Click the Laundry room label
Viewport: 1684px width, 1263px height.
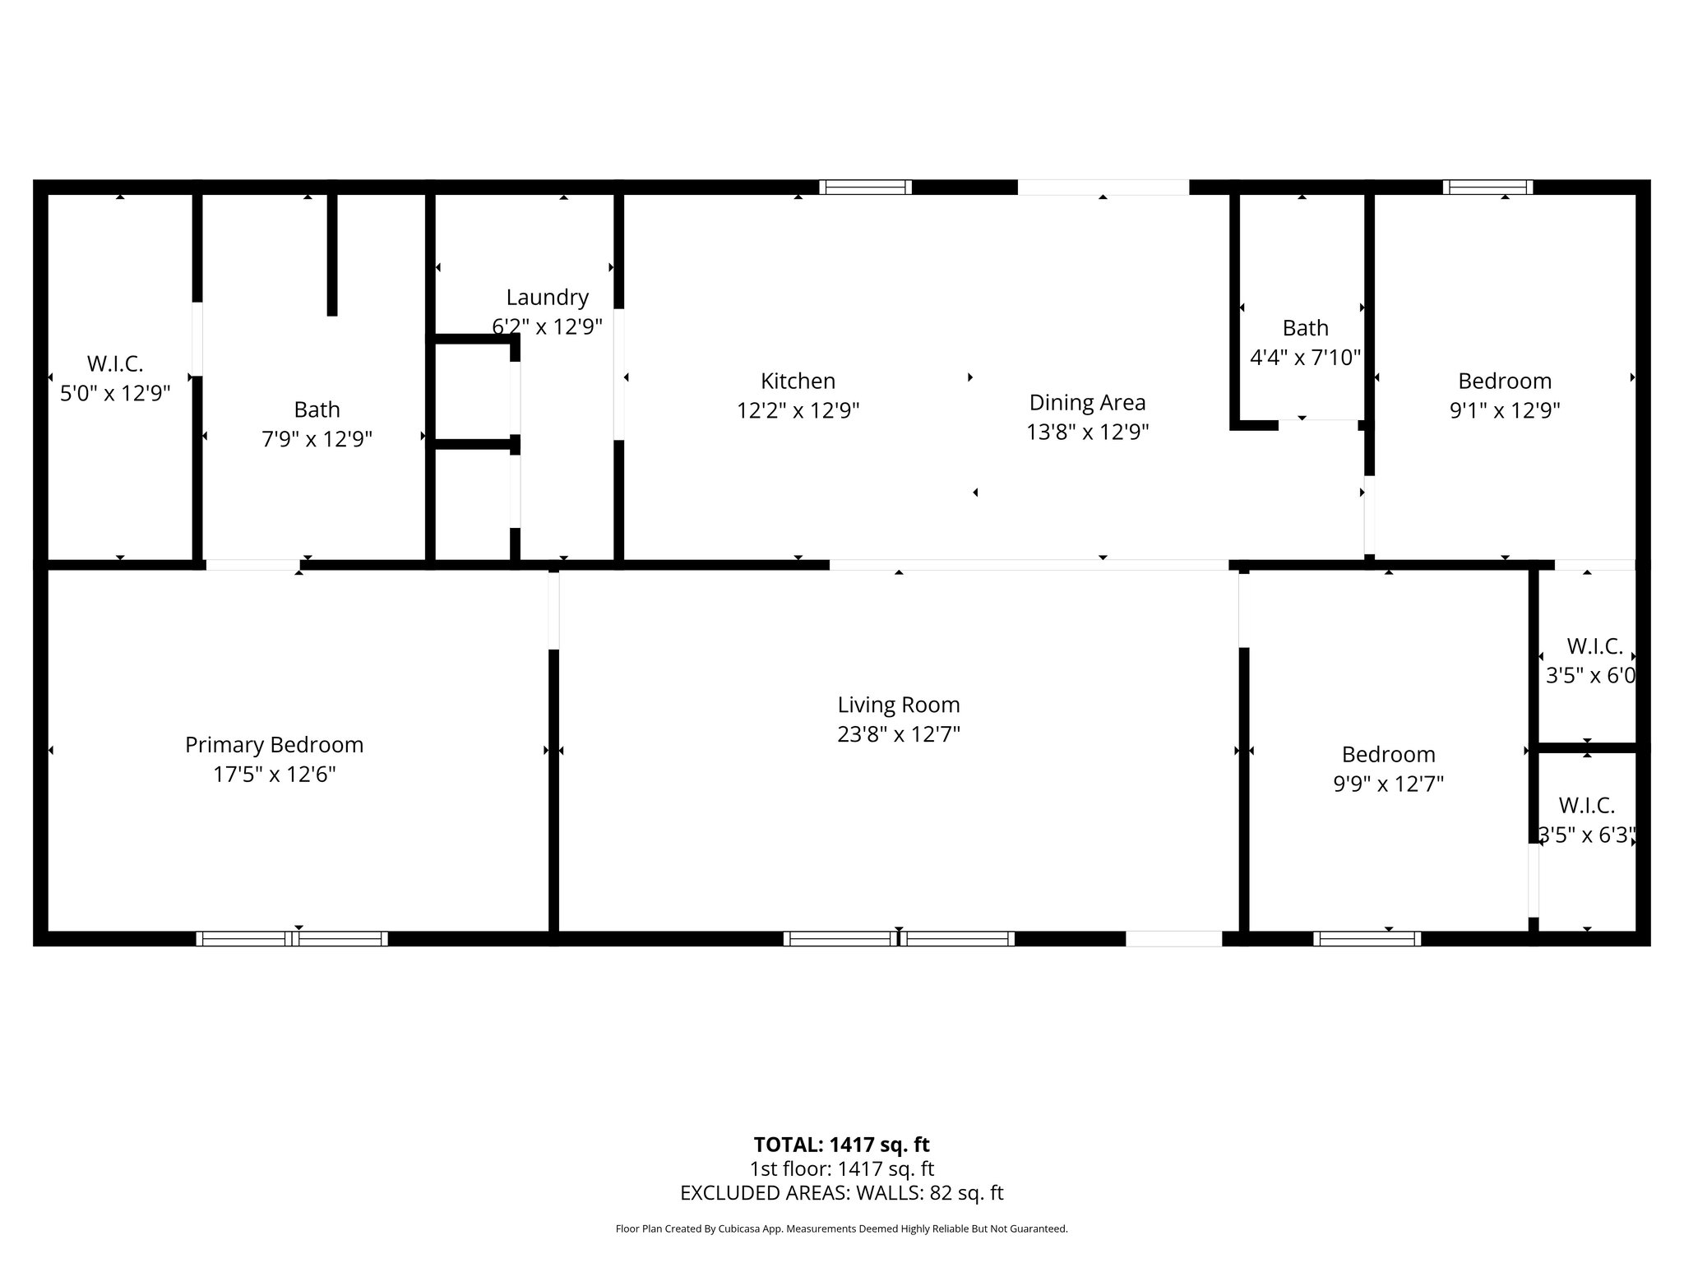547,298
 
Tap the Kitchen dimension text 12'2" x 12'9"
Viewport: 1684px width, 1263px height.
798,410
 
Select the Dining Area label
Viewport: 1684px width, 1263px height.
1087,403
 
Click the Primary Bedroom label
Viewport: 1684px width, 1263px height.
274,745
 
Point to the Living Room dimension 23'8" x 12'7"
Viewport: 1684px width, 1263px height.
899,734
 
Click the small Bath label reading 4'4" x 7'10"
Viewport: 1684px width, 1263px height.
1305,343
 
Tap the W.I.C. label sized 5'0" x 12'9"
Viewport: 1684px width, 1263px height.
115,378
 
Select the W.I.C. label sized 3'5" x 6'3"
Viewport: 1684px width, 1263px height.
1586,821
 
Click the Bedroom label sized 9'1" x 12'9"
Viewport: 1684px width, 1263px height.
1505,396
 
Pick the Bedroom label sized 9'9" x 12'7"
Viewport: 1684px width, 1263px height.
1388,769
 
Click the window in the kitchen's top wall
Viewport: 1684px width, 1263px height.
865,187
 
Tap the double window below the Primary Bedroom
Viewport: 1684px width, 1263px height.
292,939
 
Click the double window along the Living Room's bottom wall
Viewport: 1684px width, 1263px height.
899,939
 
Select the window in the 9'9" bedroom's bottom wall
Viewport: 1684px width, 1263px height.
1367,939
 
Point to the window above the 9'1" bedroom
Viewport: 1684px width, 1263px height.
1487,187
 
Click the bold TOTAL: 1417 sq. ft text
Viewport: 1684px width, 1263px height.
841,1145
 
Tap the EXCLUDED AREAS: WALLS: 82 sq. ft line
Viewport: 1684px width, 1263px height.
841,1193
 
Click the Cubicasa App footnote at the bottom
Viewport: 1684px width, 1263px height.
841,1229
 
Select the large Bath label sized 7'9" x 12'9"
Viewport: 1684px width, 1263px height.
317,424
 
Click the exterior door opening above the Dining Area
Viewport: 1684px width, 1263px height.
1103,187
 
